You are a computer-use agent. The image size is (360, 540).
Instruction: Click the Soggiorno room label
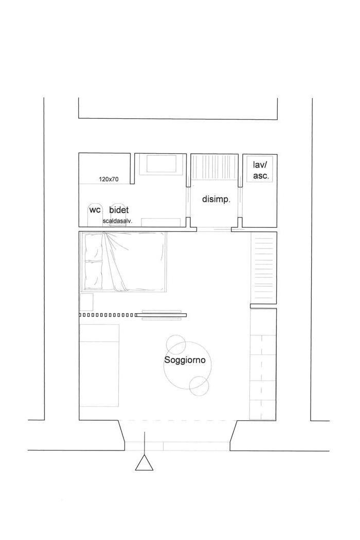coord(185,360)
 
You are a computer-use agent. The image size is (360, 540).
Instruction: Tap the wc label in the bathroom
coord(95,209)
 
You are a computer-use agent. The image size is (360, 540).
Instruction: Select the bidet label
coord(119,210)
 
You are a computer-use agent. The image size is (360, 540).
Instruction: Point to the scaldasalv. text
coord(117,221)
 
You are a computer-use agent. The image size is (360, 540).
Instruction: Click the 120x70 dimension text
coord(109,179)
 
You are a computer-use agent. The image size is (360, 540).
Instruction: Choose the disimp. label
coord(216,200)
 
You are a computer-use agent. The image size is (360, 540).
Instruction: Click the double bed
coord(123,262)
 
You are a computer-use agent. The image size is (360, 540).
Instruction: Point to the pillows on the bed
coord(94,261)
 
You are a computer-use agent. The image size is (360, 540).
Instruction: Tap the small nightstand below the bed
coord(86,302)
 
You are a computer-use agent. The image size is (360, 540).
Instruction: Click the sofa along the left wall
coord(99,365)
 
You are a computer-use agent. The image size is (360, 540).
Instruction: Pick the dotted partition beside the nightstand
coord(106,315)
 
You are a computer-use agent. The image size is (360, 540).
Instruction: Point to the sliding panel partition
coord(161,315)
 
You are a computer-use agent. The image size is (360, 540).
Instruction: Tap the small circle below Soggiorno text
coord(199,386)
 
